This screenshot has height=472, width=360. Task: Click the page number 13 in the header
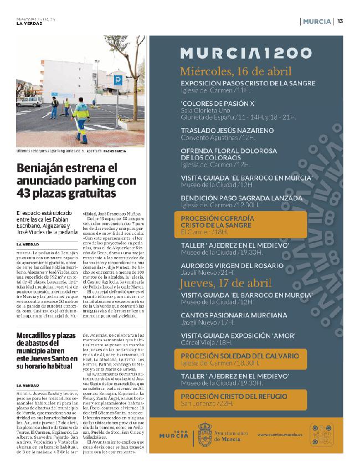tap(340, 21)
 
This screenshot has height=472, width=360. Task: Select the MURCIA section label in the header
tap(317, 21)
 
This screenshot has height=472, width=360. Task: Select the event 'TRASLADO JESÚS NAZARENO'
tap(227, 131)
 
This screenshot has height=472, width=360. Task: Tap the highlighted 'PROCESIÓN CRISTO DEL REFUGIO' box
tap(240, 399)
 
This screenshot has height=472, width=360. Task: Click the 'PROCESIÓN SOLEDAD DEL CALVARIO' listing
tap(240, 358)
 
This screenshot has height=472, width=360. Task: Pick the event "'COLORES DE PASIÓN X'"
tap(218, 103)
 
